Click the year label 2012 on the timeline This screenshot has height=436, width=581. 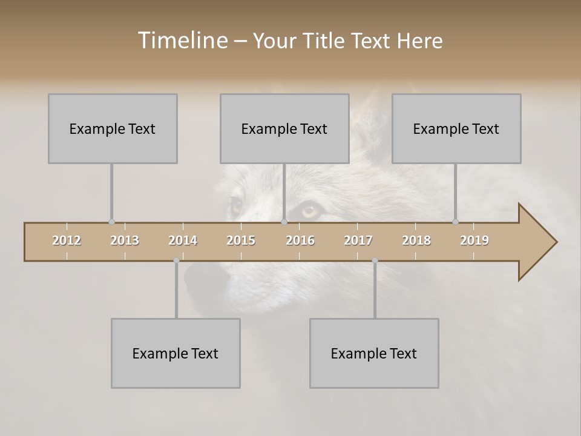(x=67, y=240)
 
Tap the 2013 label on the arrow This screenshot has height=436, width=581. (x=125, y=240)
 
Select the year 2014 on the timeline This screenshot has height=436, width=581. (x=183, y=240)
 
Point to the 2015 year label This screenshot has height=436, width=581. (x=241, y=240)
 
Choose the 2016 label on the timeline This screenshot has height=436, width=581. (x=300, y=240)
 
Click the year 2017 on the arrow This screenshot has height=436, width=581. (x=358, y=240)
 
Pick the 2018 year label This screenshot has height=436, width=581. (x=416, y=240)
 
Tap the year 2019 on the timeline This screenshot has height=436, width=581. (x=474, y=240)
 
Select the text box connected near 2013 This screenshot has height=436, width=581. (x=113, y=128)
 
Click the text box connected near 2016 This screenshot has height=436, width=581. (x=284, y=128)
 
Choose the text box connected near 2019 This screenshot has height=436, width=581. (x=456, y=128)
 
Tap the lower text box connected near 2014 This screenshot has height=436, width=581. (x=176, y=353)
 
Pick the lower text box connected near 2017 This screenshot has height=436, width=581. (x=374, y=353)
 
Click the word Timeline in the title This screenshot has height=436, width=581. (x=181, y=41)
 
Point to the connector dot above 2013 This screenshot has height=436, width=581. (x=111, y=222)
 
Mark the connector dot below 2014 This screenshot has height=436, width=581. (x=176, y=260)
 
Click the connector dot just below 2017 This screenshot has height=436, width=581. (x=375, y=260)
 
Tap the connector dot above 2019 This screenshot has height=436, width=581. (x=455, y=222)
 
